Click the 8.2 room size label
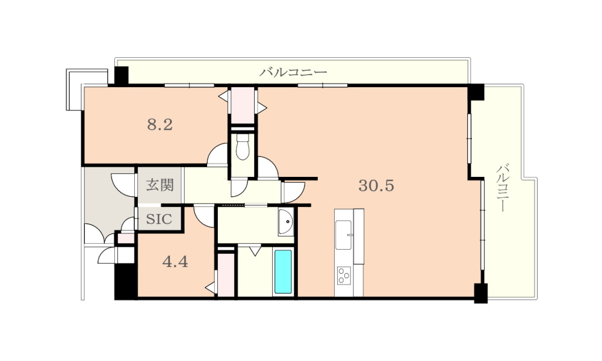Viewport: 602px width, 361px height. tap(160, 125)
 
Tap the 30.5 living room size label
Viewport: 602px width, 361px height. tap(376, 186)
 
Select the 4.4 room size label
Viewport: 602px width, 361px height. tap(175, 262)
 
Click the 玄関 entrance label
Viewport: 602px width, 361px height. tap(160, 185)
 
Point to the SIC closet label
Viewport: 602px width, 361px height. tap(159, 219)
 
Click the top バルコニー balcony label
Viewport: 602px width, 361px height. tap(293, 72)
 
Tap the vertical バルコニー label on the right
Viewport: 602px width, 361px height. tap(503, 188)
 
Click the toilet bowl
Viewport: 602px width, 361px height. tap(242, 147)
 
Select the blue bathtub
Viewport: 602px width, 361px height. tap(283, 271)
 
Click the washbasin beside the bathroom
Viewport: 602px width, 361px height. tap(285, 222)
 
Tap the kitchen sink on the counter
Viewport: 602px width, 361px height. tap(344, 235)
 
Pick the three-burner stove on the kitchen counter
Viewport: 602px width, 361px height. tap(344, 276)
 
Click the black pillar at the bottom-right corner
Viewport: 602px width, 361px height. tap(480, 293)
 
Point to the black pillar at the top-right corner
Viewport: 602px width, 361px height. tap(476, 92)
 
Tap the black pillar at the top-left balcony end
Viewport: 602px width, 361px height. tap(122, 76)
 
